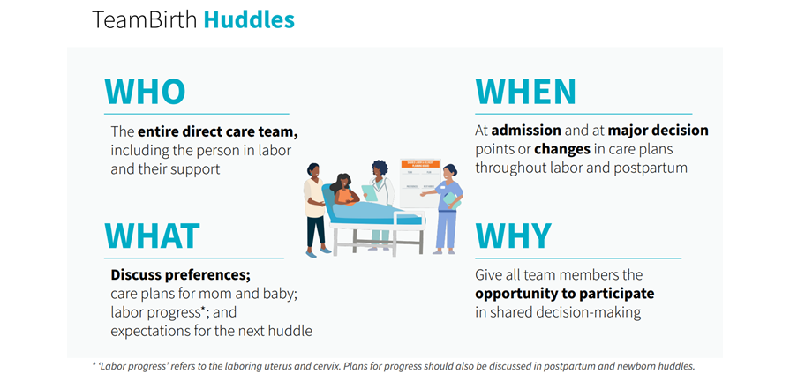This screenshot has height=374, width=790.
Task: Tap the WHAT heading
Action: pos(153,236)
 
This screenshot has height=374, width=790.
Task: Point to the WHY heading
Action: pos(514,236)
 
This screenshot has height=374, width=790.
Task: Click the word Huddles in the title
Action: pos(249,19)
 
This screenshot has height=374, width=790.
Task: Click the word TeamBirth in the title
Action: pos(145,19)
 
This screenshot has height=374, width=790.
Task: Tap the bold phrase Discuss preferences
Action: pos(181,274)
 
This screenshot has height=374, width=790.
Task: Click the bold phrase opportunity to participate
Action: pos(564,294)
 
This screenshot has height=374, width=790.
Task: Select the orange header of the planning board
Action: pos(420,164)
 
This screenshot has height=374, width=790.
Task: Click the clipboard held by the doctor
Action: pos(369,191)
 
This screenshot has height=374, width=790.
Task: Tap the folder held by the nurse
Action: pos(453,200)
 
